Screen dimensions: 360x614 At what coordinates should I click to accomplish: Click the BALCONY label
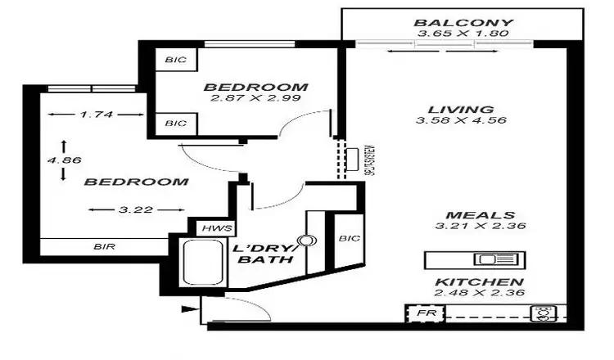(x=463, y=23)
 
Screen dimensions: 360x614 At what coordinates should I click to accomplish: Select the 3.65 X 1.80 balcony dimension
(x=463, y=34)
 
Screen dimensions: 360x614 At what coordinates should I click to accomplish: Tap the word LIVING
(x=461, y=110)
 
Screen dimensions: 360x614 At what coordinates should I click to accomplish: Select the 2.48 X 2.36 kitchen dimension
(x=479, y=293)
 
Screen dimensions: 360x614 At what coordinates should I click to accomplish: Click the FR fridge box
(x=424, y=313)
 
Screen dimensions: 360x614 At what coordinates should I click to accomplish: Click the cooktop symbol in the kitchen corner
(x=543, y=313)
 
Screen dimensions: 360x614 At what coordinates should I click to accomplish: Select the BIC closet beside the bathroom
(x=347, y=238)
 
